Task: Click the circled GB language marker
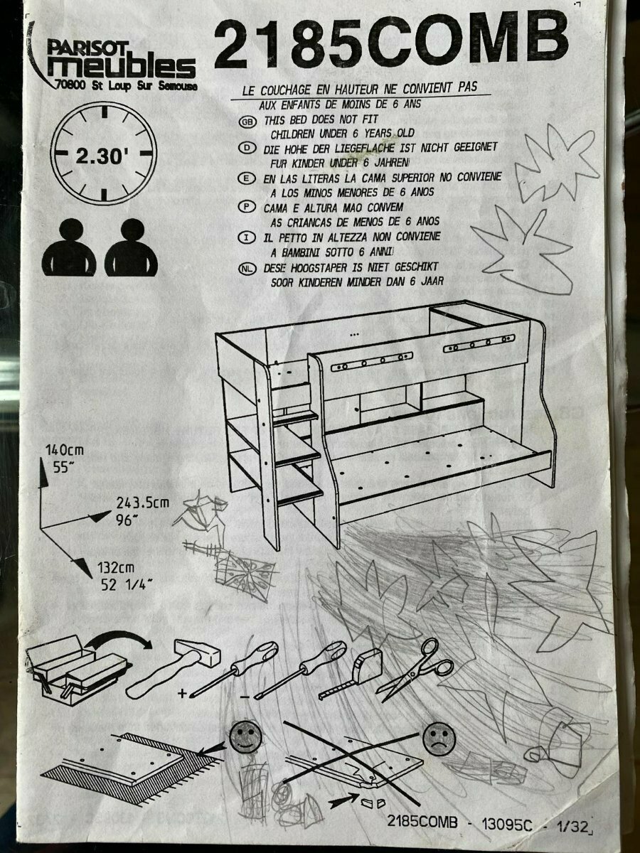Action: (247, 122)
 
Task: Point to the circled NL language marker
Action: (247, 269)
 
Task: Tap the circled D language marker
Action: (247, 149)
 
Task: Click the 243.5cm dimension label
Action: (143, 503)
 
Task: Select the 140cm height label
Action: (65, 451)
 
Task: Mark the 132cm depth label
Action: (115, 568)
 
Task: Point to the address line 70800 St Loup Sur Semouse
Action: (127, 86)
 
